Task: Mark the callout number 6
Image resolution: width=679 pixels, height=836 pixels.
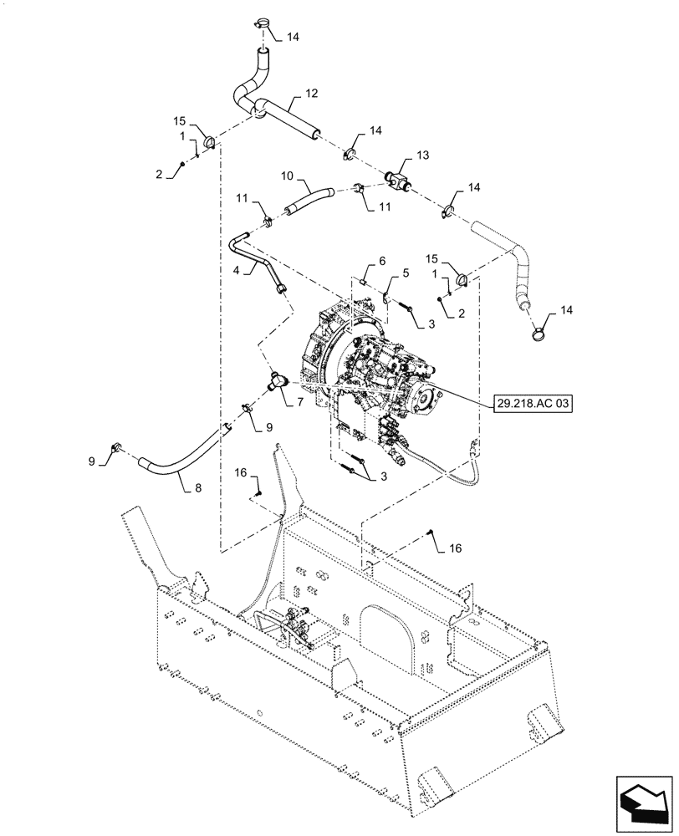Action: point(382,262)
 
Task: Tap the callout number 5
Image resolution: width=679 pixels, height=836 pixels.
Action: point(407,273)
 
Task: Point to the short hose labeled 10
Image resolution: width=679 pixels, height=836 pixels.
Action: point(309,201)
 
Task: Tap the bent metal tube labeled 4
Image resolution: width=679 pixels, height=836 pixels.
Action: point(251,259)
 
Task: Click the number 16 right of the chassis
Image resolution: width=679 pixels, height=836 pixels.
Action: point(455,548)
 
